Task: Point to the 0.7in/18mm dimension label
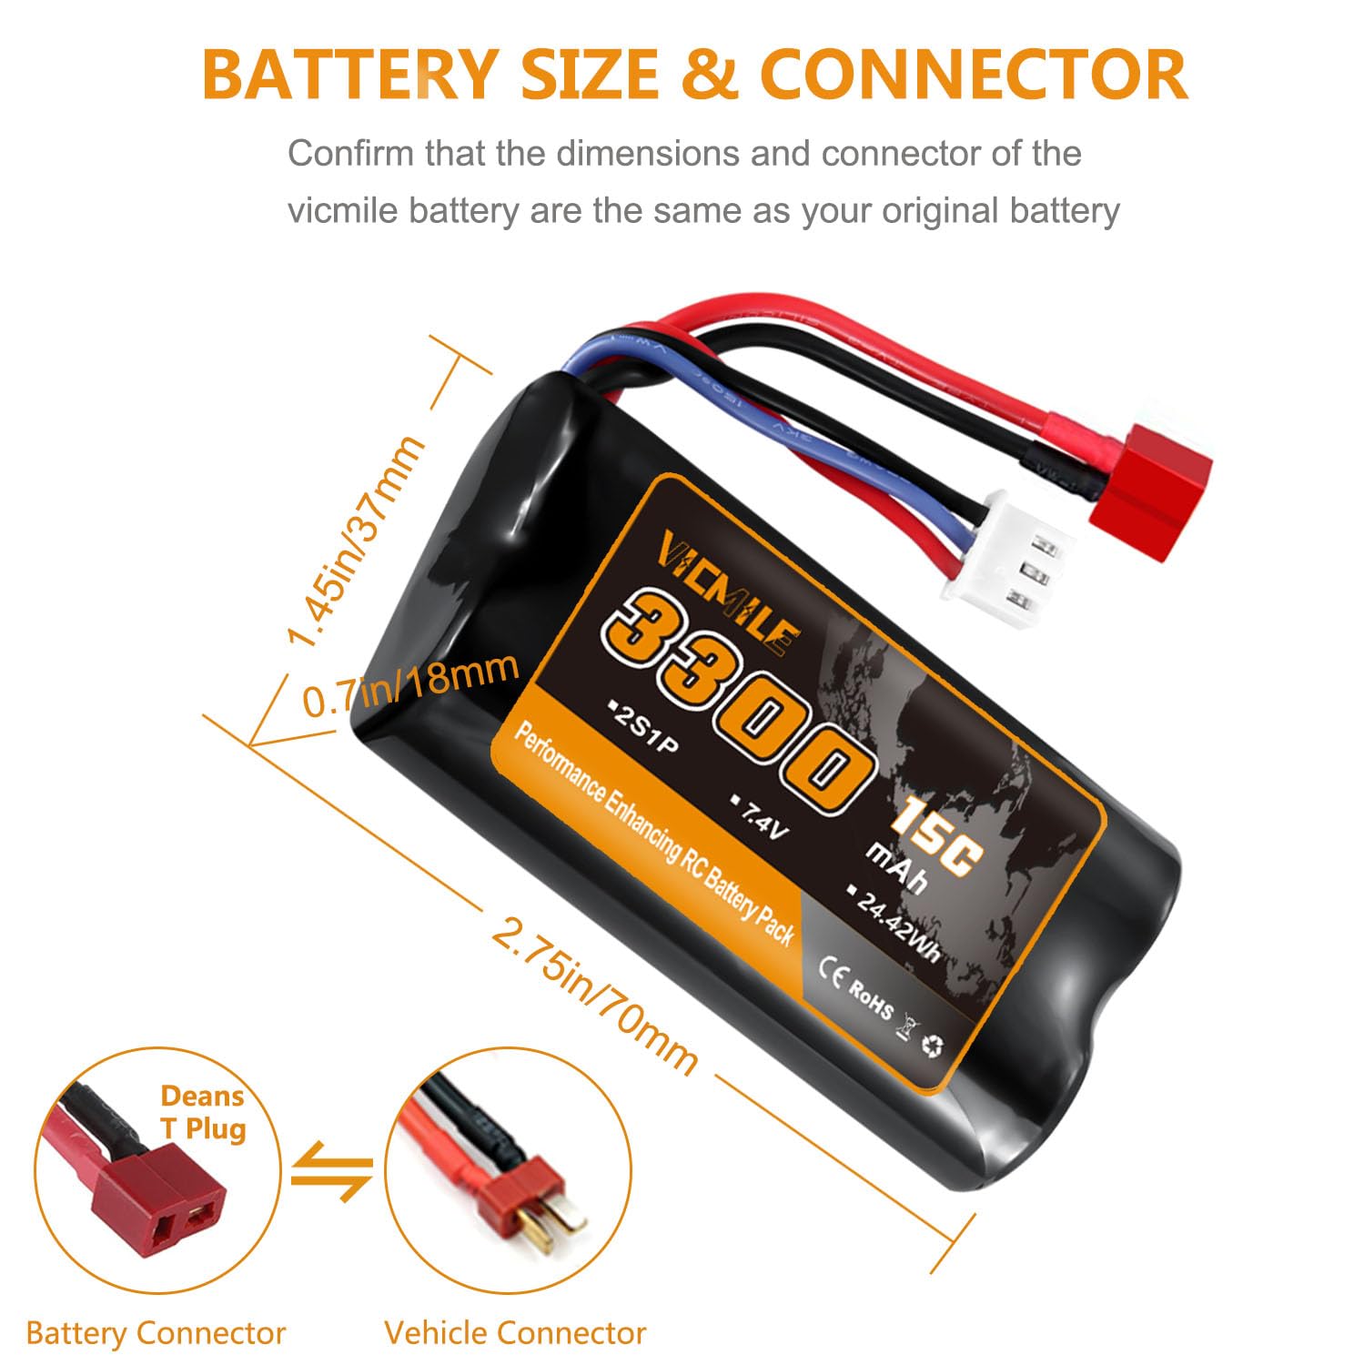(410, 684)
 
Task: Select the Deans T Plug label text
(203, 1112)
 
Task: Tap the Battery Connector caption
(156, 1333)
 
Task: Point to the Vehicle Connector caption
(515, 1333)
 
